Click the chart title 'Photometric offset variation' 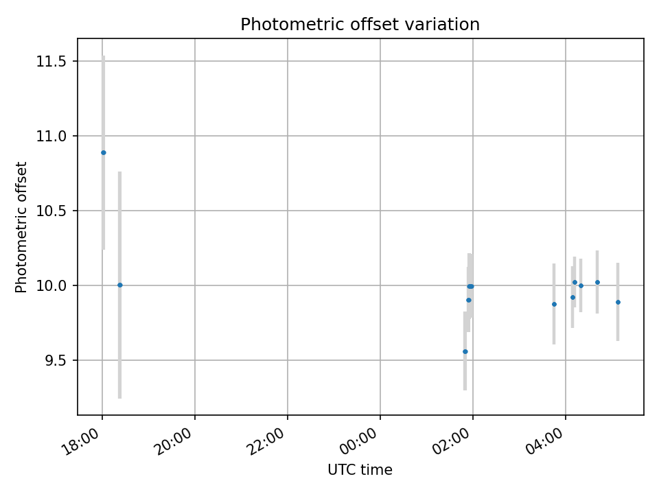tap(360, 25)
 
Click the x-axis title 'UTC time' tap(360, 470)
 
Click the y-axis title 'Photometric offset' tap(22, 227)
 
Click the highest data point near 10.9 tap(104, 152)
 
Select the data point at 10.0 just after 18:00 tap(119, 285)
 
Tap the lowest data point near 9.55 tap(465, 351)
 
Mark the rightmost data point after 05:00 tap(618, 302)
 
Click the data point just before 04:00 tap(554, 304)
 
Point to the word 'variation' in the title tap(450, 25)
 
